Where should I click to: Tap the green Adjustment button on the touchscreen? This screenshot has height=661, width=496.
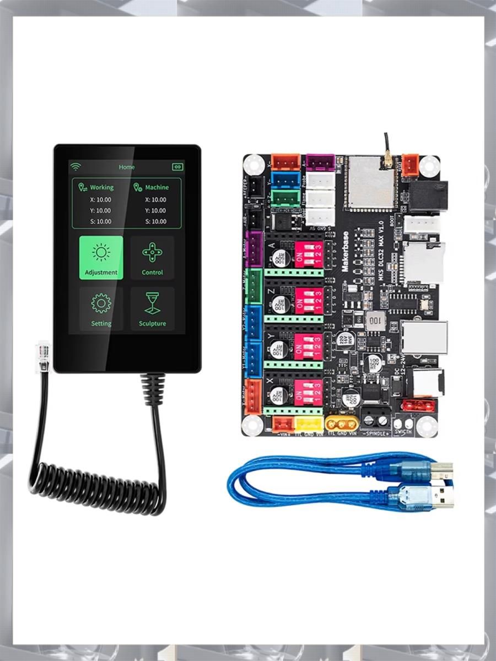click(101, 257)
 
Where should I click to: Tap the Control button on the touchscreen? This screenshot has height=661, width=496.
click(152, 257)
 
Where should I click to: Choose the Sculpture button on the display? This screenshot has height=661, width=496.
click(152, 308)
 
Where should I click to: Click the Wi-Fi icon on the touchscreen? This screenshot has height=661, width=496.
click(76, 166)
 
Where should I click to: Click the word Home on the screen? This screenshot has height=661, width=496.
click(126, 166)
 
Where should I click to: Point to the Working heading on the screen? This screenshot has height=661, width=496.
click(101, 187)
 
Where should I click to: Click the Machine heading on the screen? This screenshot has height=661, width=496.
click(157, 187)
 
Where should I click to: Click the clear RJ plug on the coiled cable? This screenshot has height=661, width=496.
click(42, 356)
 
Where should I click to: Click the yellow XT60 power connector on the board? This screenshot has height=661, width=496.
click(341, 423)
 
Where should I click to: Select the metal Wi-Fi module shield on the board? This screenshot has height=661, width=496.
click(370, 182)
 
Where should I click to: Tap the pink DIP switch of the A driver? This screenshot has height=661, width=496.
click(309, 254)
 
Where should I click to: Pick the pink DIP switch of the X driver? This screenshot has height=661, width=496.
click(309, 392)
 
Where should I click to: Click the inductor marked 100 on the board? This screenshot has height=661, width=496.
click(375, 319)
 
